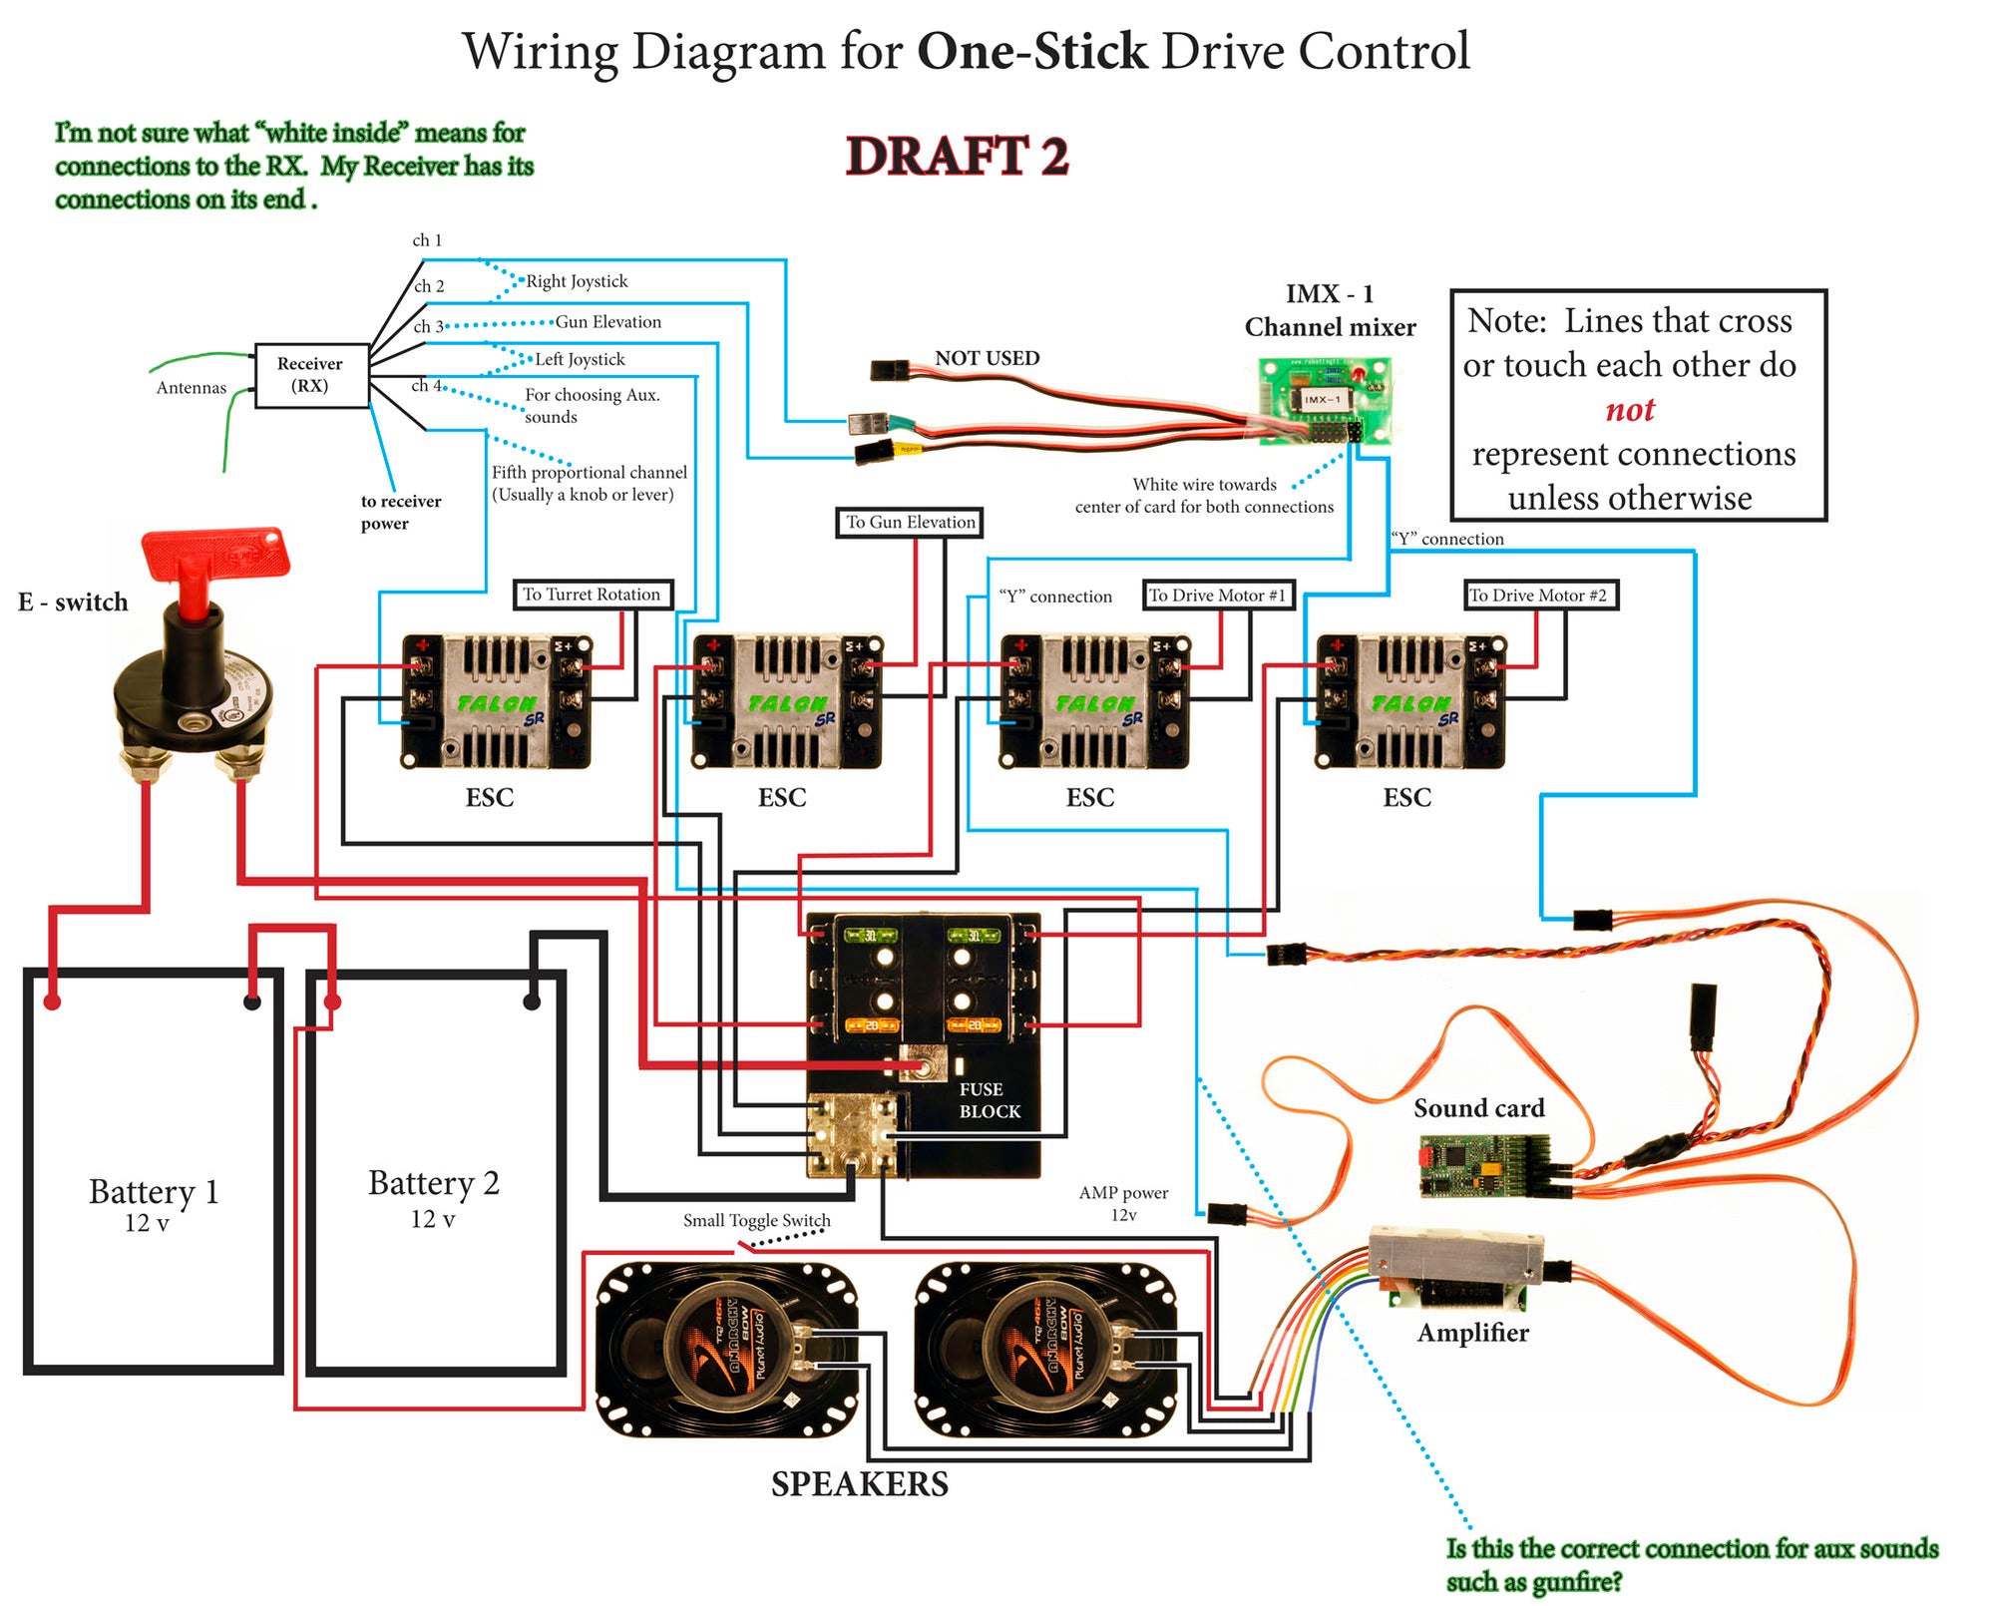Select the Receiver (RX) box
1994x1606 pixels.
[x=310, y=375]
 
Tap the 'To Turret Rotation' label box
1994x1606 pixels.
[x=592, y=595]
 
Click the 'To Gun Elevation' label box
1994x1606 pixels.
[x=910, y=522]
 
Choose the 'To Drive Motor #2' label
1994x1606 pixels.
[x=1538, y=596]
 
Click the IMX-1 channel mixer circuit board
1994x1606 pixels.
[x=1324, y=401]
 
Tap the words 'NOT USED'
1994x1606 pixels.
[x=987, y=358]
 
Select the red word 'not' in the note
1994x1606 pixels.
[x=1629, y=410]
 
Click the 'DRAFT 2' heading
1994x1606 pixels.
[x=957, y=157]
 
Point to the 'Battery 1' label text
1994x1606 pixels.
[x=154, y=1192]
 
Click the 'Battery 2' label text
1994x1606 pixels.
[x=433, y=1183]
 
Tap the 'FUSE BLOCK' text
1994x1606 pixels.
[x=989, y=1100]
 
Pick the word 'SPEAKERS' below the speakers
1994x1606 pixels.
[x=859, y=1484]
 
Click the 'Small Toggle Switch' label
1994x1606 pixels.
[x=756, y=1220]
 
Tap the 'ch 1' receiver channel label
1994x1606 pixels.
[x=427, y=240]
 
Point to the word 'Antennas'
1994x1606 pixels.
[x=191, y=388]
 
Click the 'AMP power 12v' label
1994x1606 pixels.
[x=1123, y=1203]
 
